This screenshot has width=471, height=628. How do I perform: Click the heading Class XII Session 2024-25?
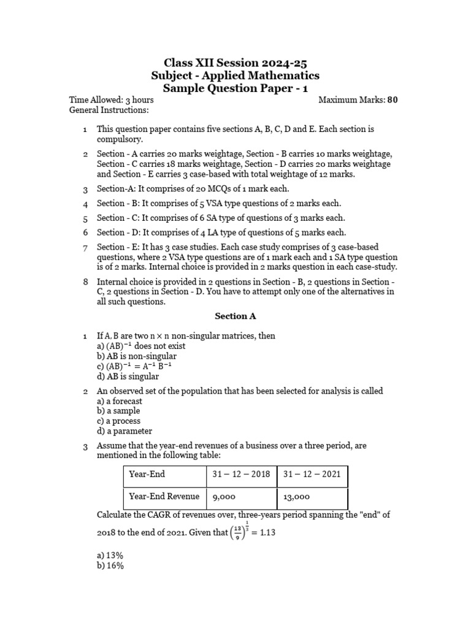[x=235, y=63]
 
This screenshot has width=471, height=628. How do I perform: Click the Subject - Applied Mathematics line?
[x=235, y=75]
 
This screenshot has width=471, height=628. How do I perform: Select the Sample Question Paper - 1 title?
[x=235, y=88]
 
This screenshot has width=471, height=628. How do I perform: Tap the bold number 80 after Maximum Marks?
[x=392, y=100]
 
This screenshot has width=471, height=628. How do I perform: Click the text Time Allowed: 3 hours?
[x=112, y=100]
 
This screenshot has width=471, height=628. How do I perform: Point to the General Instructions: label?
[x=109, y=110]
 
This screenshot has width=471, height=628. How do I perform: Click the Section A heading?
[x=235, y=316]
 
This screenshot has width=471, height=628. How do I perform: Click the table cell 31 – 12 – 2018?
[x=242, y=475]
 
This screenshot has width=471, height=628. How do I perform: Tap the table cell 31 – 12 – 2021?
[x=312, y=475]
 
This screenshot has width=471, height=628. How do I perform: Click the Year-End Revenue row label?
[x=164, y=497]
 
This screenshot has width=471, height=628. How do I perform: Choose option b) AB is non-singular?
[x=137, y=356]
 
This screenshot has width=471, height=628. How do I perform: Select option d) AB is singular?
[x=128, y=377]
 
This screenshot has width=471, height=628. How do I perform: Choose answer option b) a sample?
[x=119, y=411]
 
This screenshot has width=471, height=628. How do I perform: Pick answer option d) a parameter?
[x=124, y=431]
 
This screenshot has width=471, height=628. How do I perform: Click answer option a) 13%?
[x=110, y=555]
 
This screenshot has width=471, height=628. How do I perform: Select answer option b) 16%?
[x=110, y=565]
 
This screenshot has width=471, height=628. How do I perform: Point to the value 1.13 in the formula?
[x=267, y=533]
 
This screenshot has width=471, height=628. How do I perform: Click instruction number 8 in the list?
[x=85, y=282]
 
